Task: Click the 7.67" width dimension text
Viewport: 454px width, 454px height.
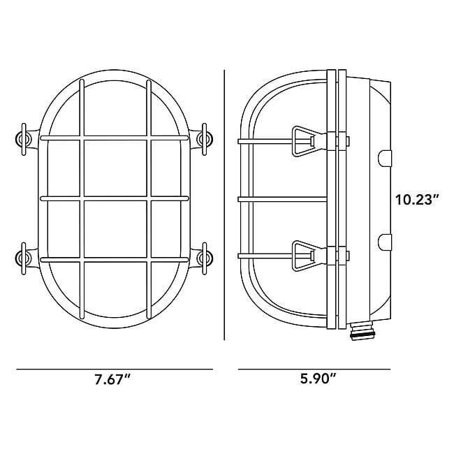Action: click(114, 380)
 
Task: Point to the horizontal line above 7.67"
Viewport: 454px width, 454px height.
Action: click(114, 368)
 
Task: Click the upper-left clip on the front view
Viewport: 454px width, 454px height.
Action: click(23, 138)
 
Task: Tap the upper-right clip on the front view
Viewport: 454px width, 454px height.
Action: click(205, 138)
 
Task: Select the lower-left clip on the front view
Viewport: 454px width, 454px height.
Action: click(23, 258)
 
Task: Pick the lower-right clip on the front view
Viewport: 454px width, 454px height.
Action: click(205, 258)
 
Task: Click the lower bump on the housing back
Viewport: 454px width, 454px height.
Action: click(385, 242)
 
